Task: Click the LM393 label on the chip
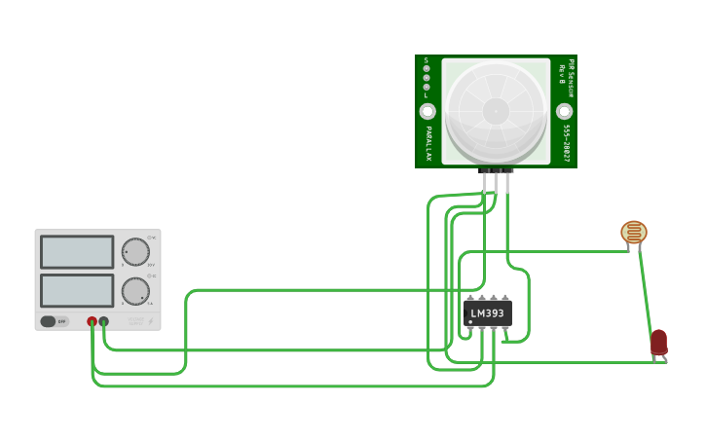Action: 487,313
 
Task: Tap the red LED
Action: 659,342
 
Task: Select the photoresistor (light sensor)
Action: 634,233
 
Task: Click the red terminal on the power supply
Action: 92,321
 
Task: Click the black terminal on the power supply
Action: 103,321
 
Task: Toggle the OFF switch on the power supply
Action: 55,321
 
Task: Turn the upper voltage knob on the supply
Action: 135,252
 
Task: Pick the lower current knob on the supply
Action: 135,291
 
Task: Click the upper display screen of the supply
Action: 77,252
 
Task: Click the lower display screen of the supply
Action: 77,290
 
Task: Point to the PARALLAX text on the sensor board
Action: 427,143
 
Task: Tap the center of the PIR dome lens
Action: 496,111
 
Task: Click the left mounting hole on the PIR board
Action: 427,112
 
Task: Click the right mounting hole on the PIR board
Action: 564,112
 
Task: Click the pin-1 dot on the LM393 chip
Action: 471,322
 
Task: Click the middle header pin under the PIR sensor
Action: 496,180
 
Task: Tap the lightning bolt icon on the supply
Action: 151,320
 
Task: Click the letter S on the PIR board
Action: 426,60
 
